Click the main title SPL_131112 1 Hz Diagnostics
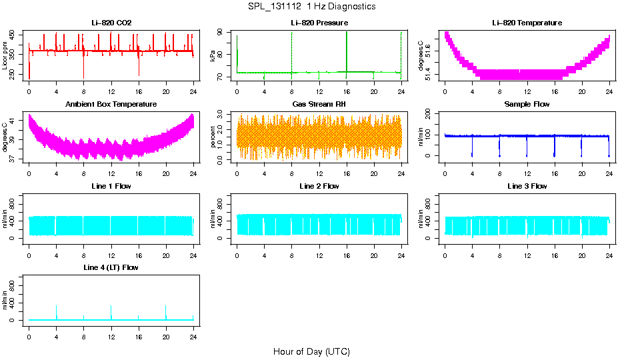pos(311,7)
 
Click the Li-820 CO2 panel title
pos(111,23)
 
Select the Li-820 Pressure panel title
pos(319,23)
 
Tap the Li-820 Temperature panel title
pos(527,23)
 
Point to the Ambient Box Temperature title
pos(111,105)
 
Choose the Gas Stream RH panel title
pos(319,105)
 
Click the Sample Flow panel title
pos(527,105)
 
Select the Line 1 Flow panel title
pos(111,186)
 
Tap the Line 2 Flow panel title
pos(319,186)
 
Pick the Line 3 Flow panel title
pos(527,186)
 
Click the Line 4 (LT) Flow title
pos(111,267)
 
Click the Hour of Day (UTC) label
pos(311,351)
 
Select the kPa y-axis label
pos(213,55)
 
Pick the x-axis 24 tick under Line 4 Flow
pos(193,331)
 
